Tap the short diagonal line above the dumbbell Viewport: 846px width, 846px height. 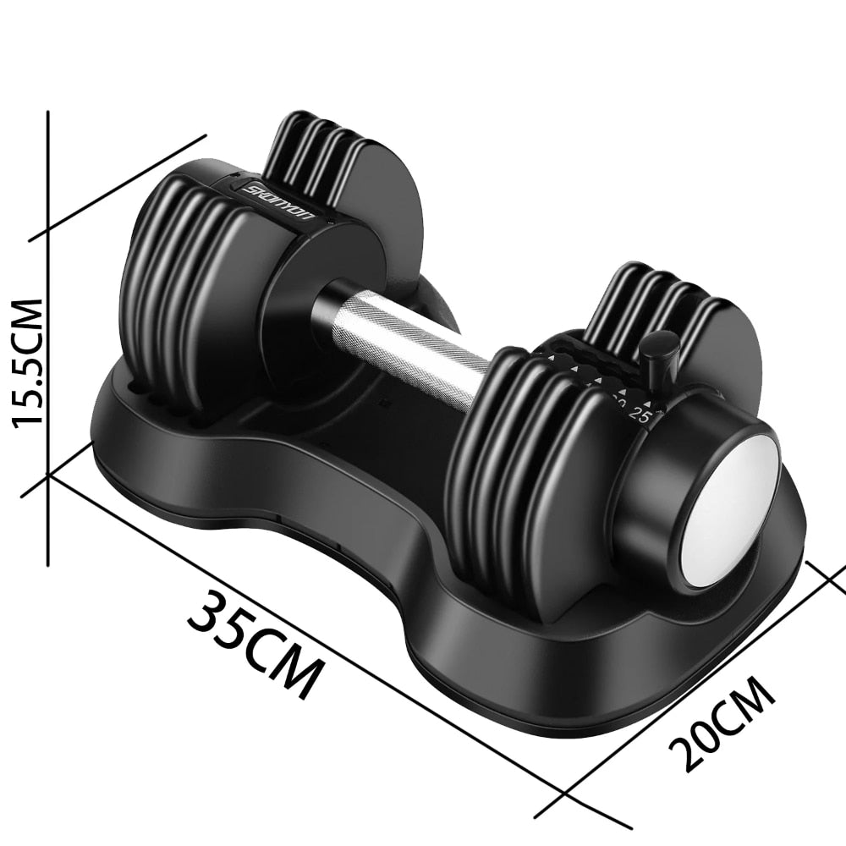[118, 187]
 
